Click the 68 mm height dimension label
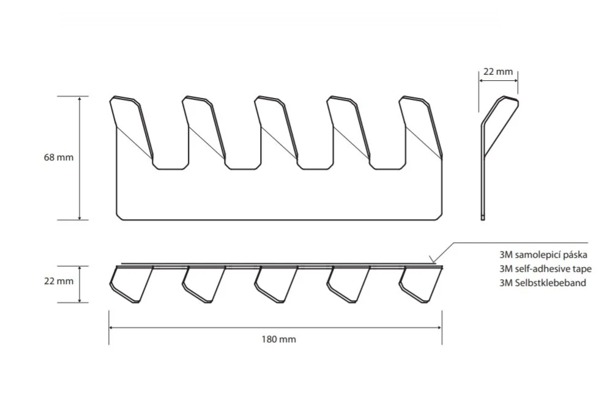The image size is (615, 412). point(59,157)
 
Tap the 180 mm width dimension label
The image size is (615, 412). point(279,339)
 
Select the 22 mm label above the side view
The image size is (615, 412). point(498,72)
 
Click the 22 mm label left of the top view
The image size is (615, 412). point(59,281)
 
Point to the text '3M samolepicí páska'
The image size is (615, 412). point(543,255)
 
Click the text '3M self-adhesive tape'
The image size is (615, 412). point(545,269)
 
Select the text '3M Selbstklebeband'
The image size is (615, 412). point(543,282)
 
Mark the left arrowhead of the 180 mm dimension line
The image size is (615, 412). point(110,328)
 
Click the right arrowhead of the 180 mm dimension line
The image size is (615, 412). point(442,328)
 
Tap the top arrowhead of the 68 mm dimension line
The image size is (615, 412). point(80,97)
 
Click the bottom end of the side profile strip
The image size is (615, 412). point(483,219)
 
